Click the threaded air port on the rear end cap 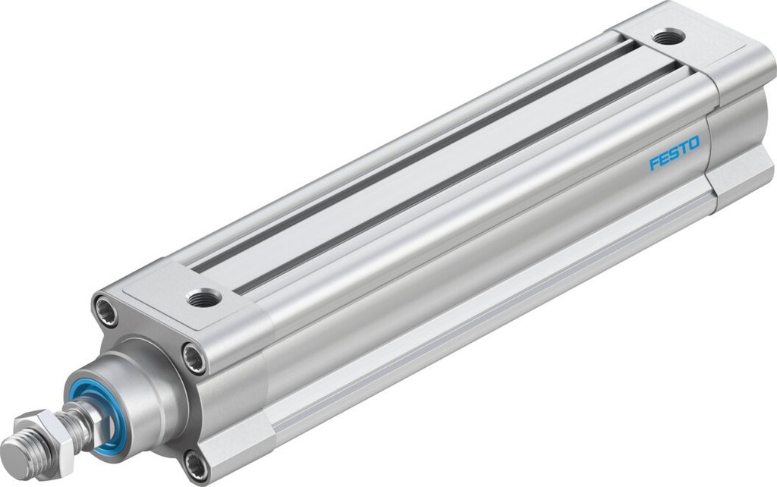pos(668,36)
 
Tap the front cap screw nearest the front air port pos(193,358)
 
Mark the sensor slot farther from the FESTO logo pos(410,152)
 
